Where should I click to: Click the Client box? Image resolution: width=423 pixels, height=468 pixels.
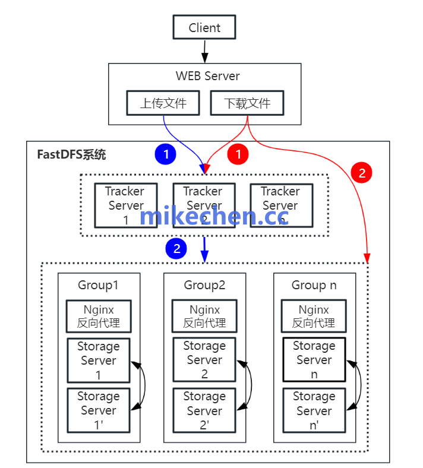[204, 27]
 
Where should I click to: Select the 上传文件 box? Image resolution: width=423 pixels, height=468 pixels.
[163, 103]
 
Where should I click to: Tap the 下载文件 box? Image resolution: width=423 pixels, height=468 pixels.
[247, 103]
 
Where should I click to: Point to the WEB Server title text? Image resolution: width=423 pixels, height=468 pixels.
[207, 76]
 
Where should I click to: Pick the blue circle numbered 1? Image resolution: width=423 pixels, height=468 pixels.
[166, 154]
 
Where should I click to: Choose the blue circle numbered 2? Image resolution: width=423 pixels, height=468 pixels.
[176, 248]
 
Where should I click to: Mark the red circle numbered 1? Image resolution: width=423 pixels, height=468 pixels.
[238, 154]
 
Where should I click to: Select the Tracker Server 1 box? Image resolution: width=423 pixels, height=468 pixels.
[125, 205]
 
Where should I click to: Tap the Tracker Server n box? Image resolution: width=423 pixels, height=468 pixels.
[280, 205]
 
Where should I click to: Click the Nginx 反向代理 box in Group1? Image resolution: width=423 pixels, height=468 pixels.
[99, 316]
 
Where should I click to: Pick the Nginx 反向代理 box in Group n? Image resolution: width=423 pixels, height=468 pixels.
[314, 316]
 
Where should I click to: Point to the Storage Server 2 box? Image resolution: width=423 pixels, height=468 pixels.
[204, 360]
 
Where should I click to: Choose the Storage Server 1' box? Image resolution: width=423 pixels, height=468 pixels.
[99, 410]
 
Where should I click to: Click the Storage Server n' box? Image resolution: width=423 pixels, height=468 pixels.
[314, 410]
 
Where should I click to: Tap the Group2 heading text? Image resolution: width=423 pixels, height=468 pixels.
[204, 285]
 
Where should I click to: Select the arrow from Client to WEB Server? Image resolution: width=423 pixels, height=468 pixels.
[205, 51]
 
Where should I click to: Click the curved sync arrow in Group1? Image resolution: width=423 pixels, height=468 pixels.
[142, 385]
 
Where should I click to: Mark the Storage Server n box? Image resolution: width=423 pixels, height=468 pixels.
[314, 360]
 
